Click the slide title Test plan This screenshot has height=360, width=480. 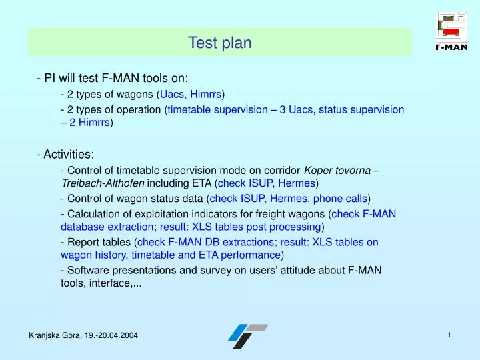[219, 43]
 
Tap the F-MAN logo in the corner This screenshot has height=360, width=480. [451, 31]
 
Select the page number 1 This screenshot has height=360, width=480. [449, 335]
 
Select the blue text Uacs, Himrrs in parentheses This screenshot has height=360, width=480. [190, 94]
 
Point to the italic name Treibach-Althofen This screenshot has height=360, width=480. [101, 183]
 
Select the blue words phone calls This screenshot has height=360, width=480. [340, 198]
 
